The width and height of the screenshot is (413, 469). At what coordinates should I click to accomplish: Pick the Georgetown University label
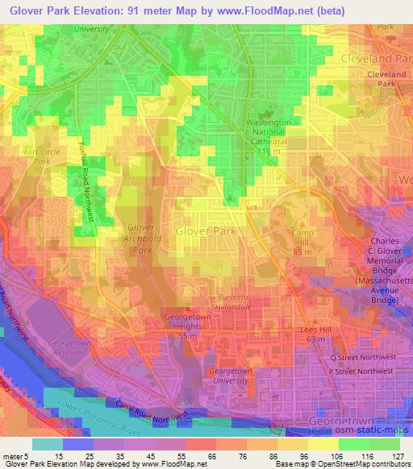point(234,377)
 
